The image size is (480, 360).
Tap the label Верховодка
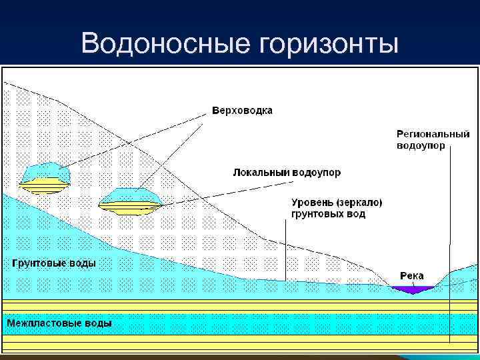click(242, 110)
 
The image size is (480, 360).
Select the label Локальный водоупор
click(286, 173)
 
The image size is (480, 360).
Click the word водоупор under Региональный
click(420, 145)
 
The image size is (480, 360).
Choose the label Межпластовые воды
click(59, 323)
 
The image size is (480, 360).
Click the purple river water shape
click(413, 289)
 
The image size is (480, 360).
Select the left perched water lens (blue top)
click(45, 172)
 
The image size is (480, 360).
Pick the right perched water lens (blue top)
click(131, 197)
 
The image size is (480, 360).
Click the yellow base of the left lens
click(45, 185)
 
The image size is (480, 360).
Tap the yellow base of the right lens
click(130, 207)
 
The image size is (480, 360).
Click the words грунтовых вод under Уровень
click(328, 215)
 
